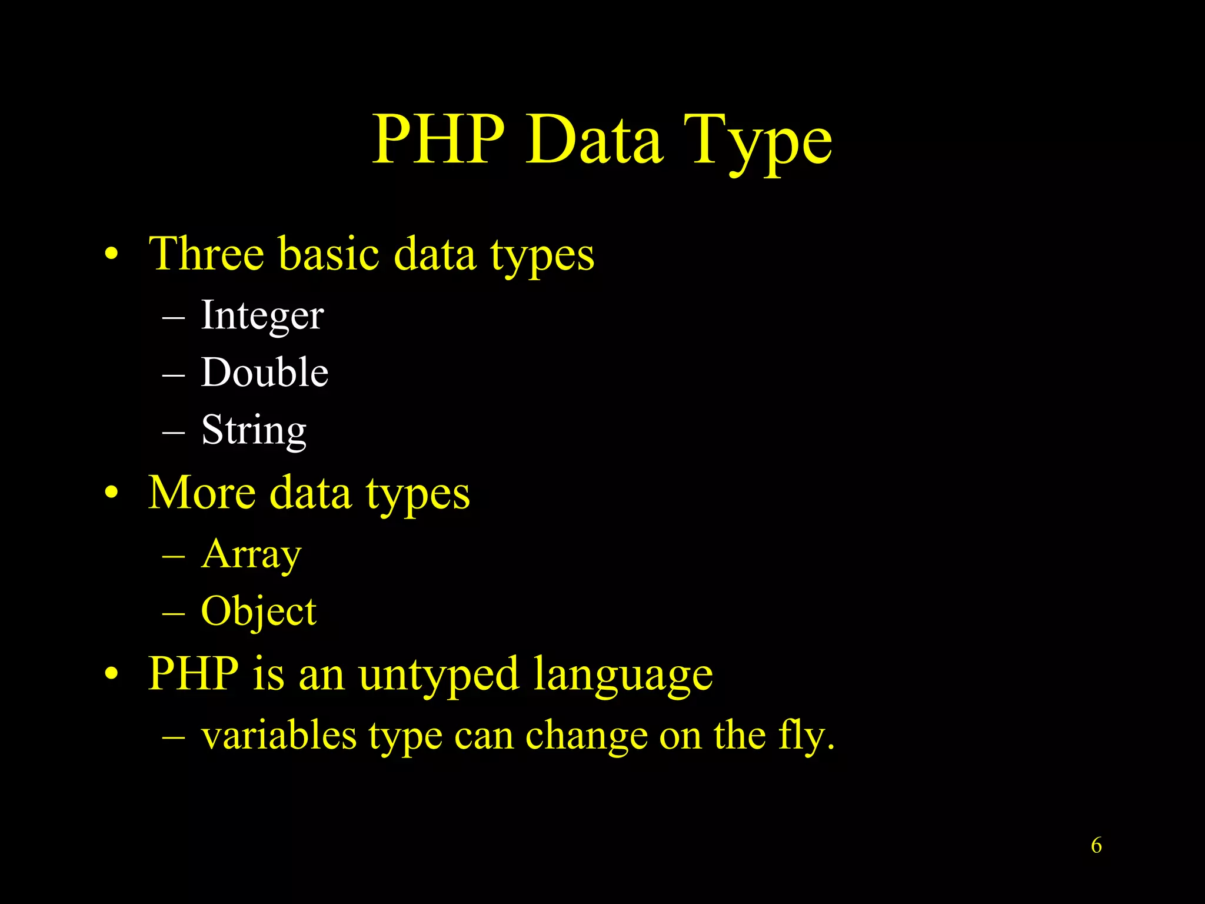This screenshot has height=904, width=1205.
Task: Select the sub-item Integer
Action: pyautogui.click(x=262, y=315)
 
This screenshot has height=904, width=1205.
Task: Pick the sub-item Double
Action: pyautogui.click(x=264, y=373)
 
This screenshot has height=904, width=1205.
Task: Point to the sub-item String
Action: pyautogui.click(x=254, y=430)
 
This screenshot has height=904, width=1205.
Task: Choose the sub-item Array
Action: pyautogui.click(x=251, y=554)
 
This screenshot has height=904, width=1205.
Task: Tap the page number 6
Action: pyautogui.click(x=1096, y=845)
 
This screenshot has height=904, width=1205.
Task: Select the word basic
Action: pyautogui.click(x=329, y=254)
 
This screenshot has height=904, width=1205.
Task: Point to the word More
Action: pyautogui.click(x=202, y=493)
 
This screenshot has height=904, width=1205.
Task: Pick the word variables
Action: pyautogui.click(x=279, y=735)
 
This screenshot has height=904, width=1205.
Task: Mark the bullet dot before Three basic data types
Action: pyautogui.click(x=111, y=255)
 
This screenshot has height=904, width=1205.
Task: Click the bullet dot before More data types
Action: pyautogui.click(x=111, y=493)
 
